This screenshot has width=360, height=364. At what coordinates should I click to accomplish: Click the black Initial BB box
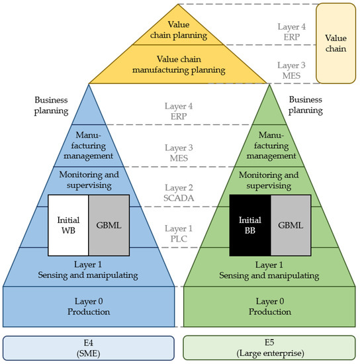[249, 226]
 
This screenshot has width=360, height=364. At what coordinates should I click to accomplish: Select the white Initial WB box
[68, 226]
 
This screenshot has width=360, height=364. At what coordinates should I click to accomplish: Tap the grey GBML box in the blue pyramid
[108, 226]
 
